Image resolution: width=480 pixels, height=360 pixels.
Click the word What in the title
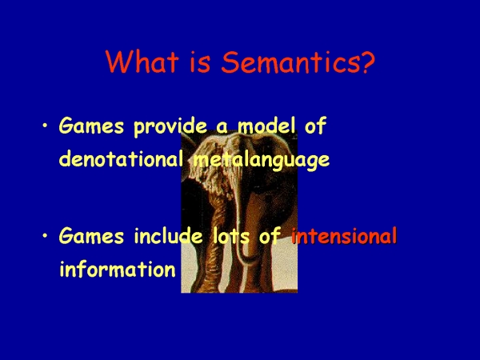142,62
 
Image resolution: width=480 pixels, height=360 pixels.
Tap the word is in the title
200,62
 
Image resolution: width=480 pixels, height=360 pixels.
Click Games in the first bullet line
91,126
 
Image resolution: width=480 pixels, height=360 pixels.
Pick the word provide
170,126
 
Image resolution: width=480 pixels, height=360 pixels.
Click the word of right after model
315,126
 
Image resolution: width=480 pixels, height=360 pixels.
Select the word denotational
122,158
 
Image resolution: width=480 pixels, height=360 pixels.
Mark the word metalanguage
262,160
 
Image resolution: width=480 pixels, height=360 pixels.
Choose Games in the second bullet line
91,236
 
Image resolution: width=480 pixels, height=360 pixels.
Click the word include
168,236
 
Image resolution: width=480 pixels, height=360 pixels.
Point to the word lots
231,236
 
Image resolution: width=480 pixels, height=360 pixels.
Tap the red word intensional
344,236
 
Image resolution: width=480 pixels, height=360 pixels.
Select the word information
118,269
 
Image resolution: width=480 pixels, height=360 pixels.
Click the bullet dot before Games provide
45,126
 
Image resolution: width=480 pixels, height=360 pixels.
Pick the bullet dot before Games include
45,235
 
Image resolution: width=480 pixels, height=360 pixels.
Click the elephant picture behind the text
239,211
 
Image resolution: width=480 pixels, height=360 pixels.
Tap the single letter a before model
222,128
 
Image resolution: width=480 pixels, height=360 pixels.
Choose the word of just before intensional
270,236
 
